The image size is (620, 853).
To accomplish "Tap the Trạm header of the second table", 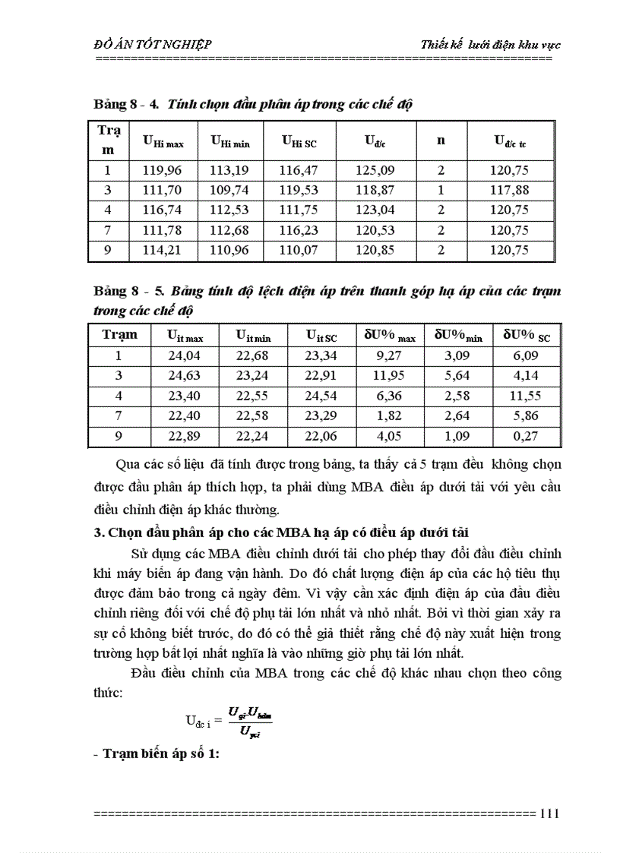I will click(x=119, y=335).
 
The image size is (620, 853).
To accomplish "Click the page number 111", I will click(x=549, y=814).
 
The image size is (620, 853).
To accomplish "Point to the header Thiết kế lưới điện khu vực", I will click(x=491, y=45).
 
